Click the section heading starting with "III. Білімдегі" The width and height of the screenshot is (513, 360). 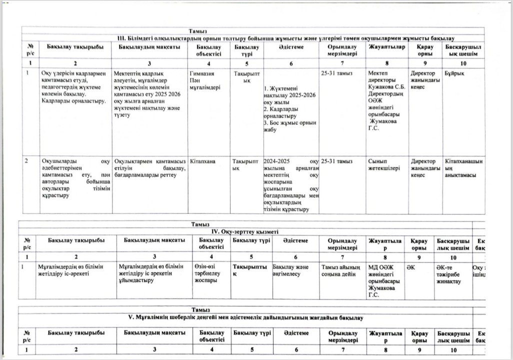tap(285, 38)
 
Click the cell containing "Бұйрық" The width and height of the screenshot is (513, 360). tap(453, 73)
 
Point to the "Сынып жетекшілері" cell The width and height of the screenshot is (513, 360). tap(383, 165)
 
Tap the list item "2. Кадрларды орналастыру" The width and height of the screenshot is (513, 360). tap(285, 112)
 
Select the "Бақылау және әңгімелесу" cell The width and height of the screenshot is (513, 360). tap(291, 270)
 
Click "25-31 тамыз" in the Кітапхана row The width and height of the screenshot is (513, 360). tap(337, 161)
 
